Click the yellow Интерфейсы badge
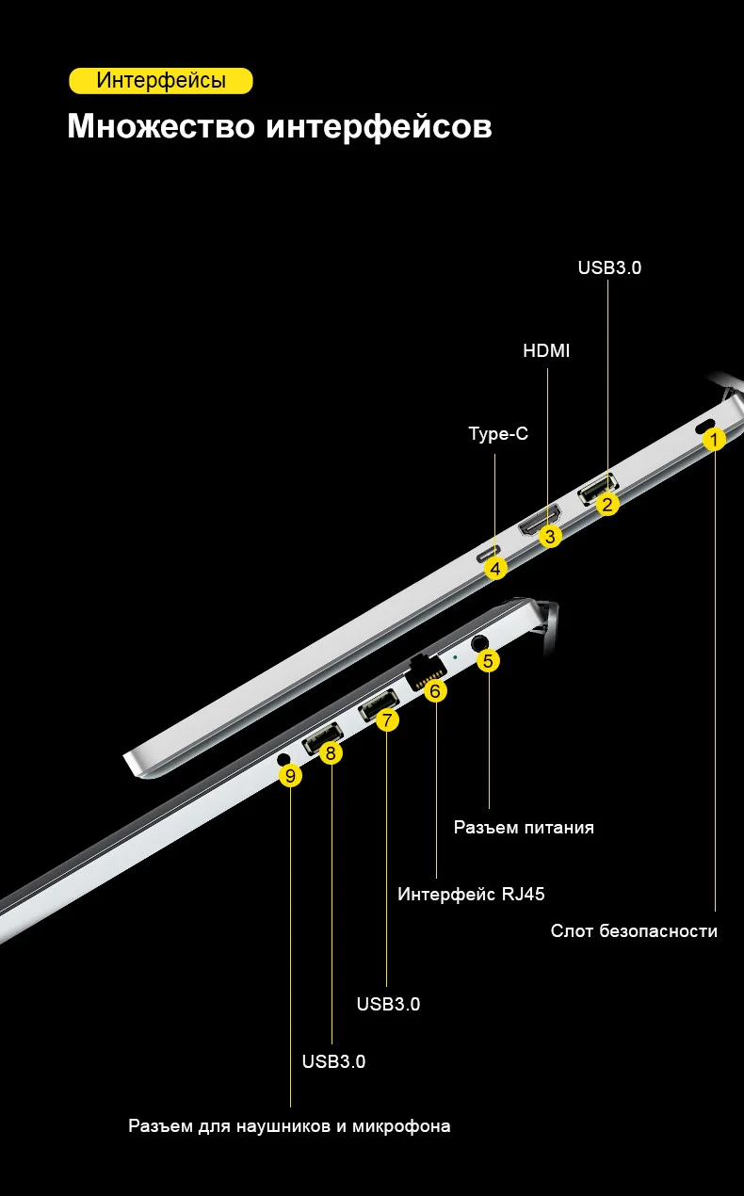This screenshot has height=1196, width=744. pos(161,81)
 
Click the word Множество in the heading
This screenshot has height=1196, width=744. pos(161,126)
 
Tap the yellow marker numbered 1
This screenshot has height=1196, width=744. pos(715,440)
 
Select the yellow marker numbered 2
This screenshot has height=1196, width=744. pos(608,505)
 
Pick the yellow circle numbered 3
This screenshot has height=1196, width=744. pos(552,537)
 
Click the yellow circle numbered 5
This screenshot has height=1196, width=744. pos(488,660)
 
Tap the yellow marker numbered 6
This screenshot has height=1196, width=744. pos(435,690)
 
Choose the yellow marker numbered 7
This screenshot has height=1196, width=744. pos(387,720)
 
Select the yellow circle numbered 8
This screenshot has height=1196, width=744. pos(331,752)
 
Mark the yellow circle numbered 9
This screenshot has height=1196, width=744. pos(291,775)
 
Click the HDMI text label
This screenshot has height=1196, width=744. pos(546,351)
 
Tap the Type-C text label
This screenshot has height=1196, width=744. pos(498,434)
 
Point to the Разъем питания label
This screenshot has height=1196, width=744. pos(524,828)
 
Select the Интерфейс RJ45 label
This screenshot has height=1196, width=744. pos(471,894)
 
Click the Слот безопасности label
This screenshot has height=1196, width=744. pos(634,931)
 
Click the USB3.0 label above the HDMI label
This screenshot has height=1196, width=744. pos(609,267)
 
